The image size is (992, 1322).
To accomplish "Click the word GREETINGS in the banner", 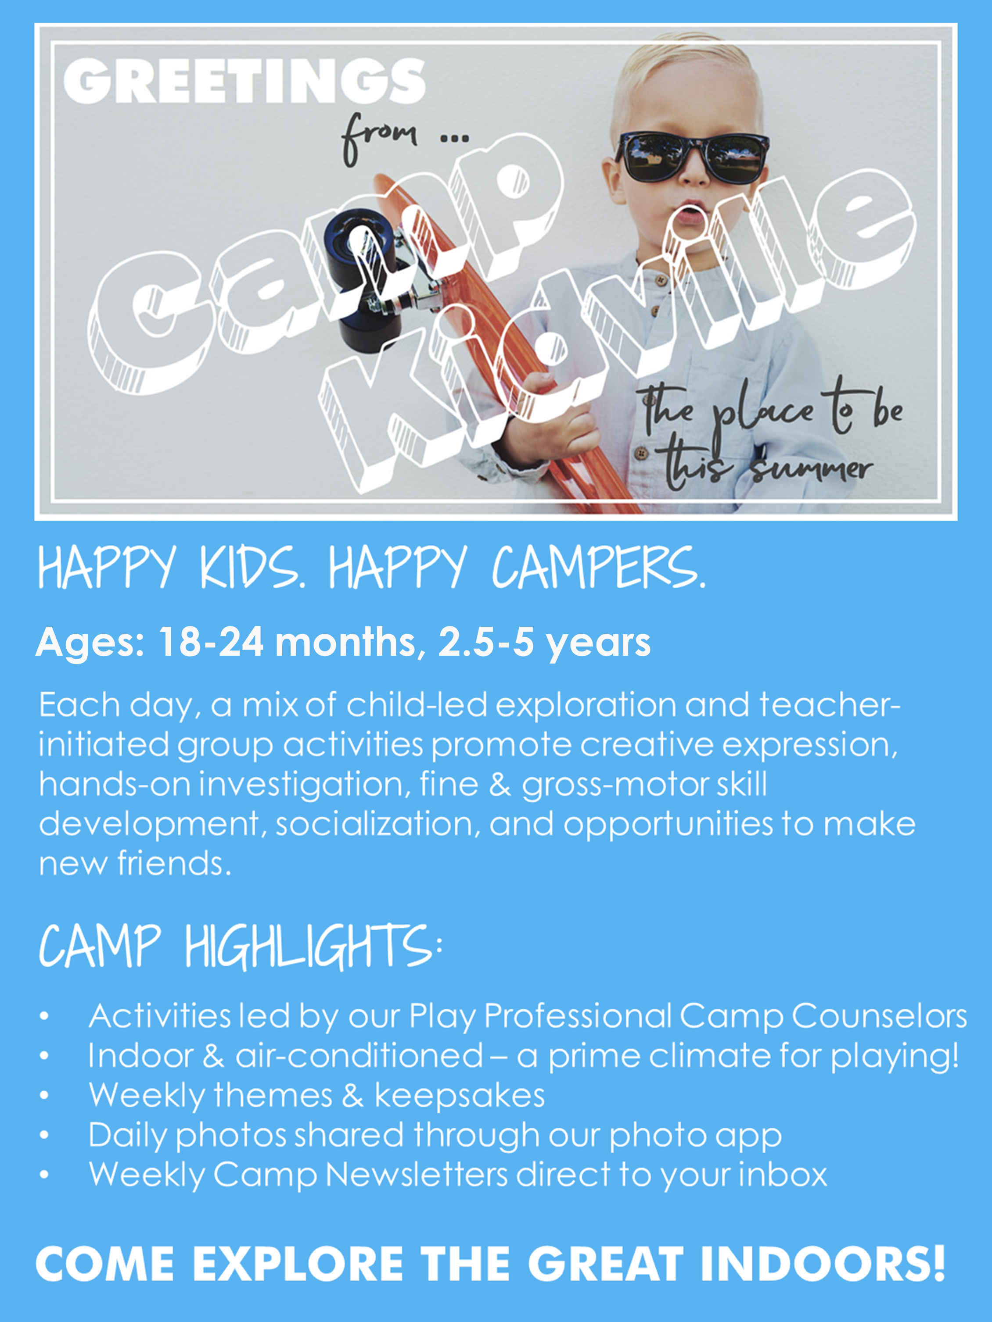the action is (244, 81).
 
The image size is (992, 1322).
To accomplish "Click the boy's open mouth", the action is (690, 212).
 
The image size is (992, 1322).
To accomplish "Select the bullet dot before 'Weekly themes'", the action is (43, 1096).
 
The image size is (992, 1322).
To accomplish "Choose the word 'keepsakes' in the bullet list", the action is (459, 1096).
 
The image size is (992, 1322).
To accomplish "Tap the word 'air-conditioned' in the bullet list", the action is (359, 1056).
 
